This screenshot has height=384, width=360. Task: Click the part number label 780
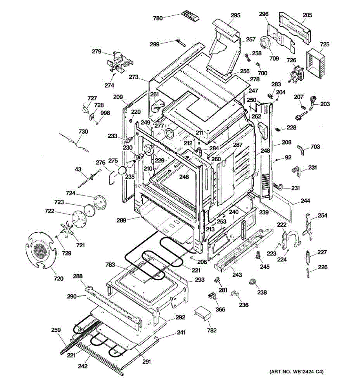pyautogui.click(x=158, y=18)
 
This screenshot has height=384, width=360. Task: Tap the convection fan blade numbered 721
pyautogui.click(x=67, y=230)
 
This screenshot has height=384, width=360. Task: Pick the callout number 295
pyautogui.click(x=236, y=15)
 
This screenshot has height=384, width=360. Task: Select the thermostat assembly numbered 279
pyautogui.click(x=120, y=63)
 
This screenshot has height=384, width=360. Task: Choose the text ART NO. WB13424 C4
pyautogui.click(x=296, y=372)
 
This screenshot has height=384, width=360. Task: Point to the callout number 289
pyautogui.click(x=121, y=220)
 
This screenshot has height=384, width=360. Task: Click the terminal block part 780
pyautogui.click(x=190, y=16)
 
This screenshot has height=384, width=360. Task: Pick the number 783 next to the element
pyautogui.click(x=110, y=265)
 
